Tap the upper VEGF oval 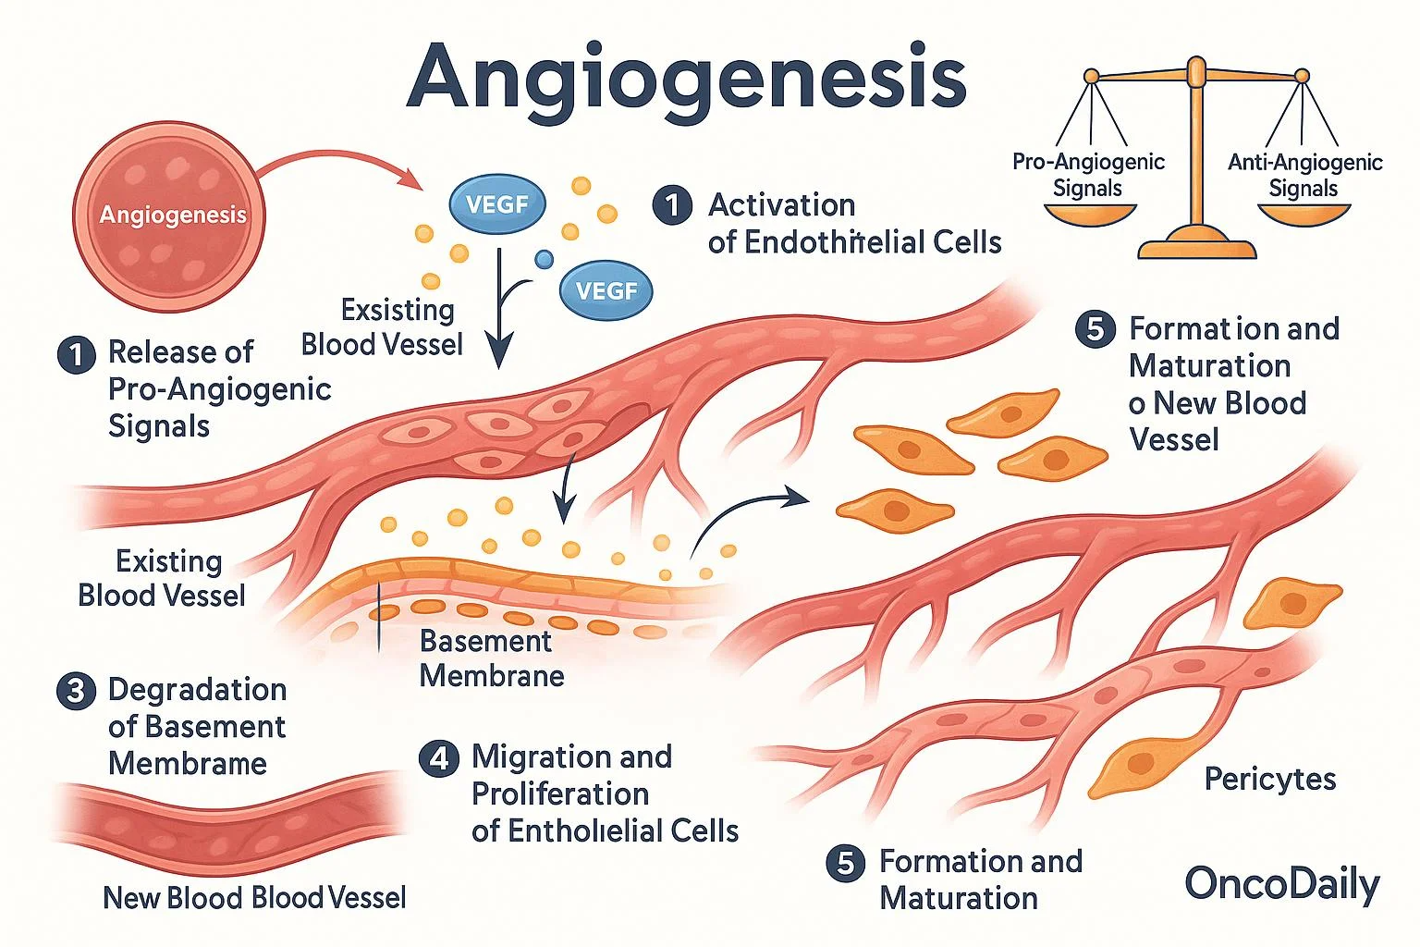point(496,204)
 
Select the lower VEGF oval point(606,291)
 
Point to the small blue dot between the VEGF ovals point(545,260)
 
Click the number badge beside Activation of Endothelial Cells point(672,205)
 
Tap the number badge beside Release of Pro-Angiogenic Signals point(76,354)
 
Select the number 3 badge point(76,691)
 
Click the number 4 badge point(438,758)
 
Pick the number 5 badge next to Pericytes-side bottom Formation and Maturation point(845,863)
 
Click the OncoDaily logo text point(1281,884)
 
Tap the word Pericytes point(1269,780)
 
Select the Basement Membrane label point(491,658)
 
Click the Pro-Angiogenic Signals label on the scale point(1088,175)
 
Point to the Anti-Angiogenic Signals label point(1304,175)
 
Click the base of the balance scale point(1196,246)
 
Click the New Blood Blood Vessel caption point(254,897)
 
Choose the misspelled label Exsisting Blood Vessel point(382,326)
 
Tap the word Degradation point(197,690)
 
